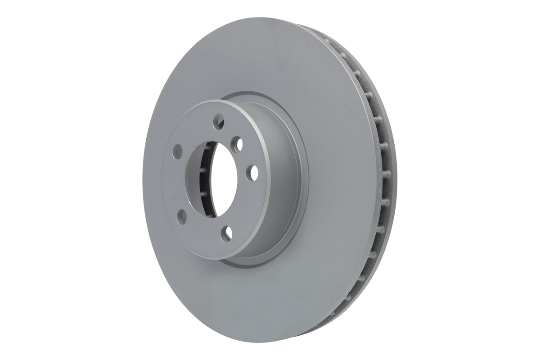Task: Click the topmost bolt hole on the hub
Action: pos(219,120)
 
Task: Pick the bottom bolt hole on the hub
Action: pos(229,232)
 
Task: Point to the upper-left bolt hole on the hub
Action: pos(177,151)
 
